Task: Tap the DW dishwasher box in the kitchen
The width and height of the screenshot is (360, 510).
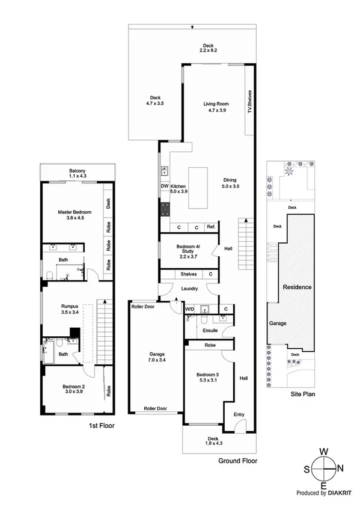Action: point(163,186)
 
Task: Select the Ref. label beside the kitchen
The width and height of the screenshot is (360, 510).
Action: point(211,227)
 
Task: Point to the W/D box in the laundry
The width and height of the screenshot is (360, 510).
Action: point(189,309)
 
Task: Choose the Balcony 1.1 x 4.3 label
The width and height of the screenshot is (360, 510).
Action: point(77,174)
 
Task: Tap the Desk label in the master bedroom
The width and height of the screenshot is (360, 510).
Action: point(108,203)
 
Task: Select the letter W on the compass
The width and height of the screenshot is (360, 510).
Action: point(323,451)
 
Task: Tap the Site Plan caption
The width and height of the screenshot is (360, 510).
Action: point(294,395)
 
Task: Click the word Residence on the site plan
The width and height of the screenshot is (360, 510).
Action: point(297,287)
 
